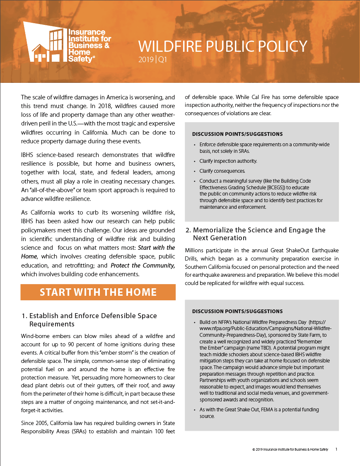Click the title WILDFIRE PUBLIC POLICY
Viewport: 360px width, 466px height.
pyautogui.click(x=222, y=46)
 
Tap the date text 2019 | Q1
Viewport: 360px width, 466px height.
pyautogui.click(x=152, y=60)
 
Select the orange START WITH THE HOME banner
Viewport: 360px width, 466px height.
pyautogui.click(x=98, y=292)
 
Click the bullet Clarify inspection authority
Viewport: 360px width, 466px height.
pyautogui.click(x=228, y=161)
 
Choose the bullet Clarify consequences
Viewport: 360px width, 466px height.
pyautogui.click(x=222, y=171)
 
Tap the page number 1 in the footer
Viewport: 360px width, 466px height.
pyautogui.click(x=336, y=449)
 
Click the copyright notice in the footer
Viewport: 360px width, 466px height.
pyautogui.click(x=290, y=449)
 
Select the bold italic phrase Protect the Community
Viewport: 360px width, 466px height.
pyautogui.click(x=143, y=266)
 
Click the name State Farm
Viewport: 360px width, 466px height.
pyautogui.click(x=307, y=334)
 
